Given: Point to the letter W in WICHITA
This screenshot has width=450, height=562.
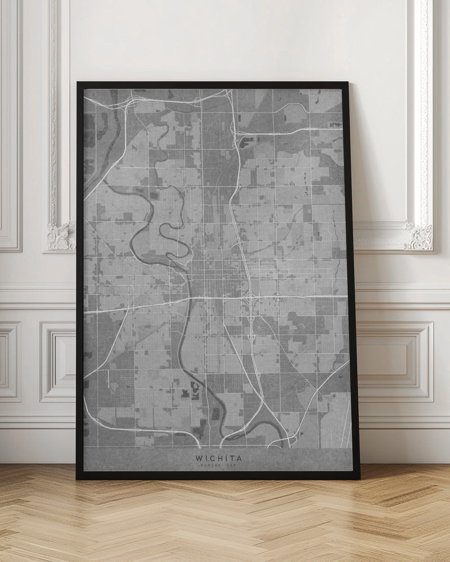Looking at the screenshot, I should [x=199, y=458].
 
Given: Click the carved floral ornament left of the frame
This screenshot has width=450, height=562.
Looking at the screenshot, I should [x=61, y=235].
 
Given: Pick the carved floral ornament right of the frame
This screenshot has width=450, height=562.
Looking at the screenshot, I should [x=419, y=236].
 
